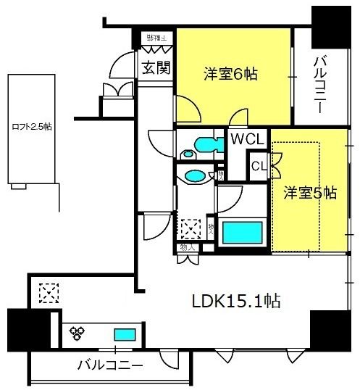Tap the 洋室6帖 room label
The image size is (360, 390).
pyautogui.click(x=231, y=74)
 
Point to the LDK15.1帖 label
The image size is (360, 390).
pyautogui.click(x=235, y=299)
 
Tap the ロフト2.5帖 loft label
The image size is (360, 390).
pyautogui.click(x=31, y=126)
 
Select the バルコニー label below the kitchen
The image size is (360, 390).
pyautogui.click(x=109, y=365)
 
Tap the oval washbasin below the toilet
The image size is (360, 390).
pyautogui.click(x=195, y=175)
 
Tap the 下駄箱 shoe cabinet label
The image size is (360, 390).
pyautogui.click(x=154, y=37)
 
